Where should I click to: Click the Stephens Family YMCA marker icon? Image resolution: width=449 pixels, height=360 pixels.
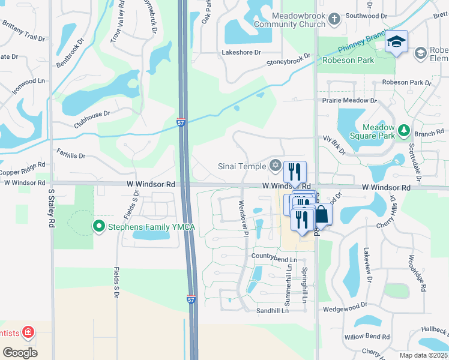[97, 226]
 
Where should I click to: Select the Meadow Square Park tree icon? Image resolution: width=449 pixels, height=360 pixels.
[404, 130]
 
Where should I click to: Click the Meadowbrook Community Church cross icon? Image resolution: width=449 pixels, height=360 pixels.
[335, 20]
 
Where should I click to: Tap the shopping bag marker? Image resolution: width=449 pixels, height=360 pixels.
[322, 215]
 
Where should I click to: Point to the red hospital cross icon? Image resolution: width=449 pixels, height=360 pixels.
[28, 332]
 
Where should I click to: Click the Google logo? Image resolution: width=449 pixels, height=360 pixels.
[20, 353]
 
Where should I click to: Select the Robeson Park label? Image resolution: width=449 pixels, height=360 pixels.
[348, 60]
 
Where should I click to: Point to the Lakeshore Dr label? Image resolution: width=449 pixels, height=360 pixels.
[241, 53]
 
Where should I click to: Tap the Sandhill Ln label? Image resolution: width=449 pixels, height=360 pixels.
[273, 310]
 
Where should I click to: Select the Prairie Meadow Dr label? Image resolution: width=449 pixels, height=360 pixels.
[349, 101]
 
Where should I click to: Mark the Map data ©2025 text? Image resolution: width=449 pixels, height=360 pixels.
[424, 355]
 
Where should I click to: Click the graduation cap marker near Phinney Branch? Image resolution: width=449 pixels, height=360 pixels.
[396, 41]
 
